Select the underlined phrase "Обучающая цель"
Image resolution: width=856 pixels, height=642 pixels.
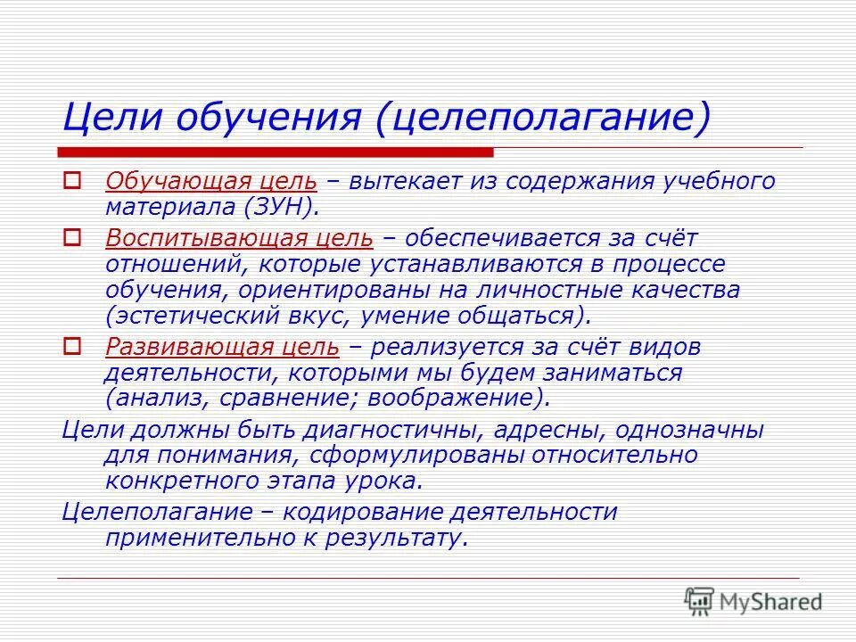(211, 182)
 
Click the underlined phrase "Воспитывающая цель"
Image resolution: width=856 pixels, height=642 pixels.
(239, 238)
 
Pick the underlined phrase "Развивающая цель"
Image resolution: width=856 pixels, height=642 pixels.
(222, 347)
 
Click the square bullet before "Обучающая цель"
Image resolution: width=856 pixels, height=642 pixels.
(72, 181)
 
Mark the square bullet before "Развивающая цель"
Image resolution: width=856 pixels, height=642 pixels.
(72, 346)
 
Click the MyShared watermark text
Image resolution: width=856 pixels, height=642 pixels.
(770, 602)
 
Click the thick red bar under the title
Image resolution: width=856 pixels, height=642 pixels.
(276, 152)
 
